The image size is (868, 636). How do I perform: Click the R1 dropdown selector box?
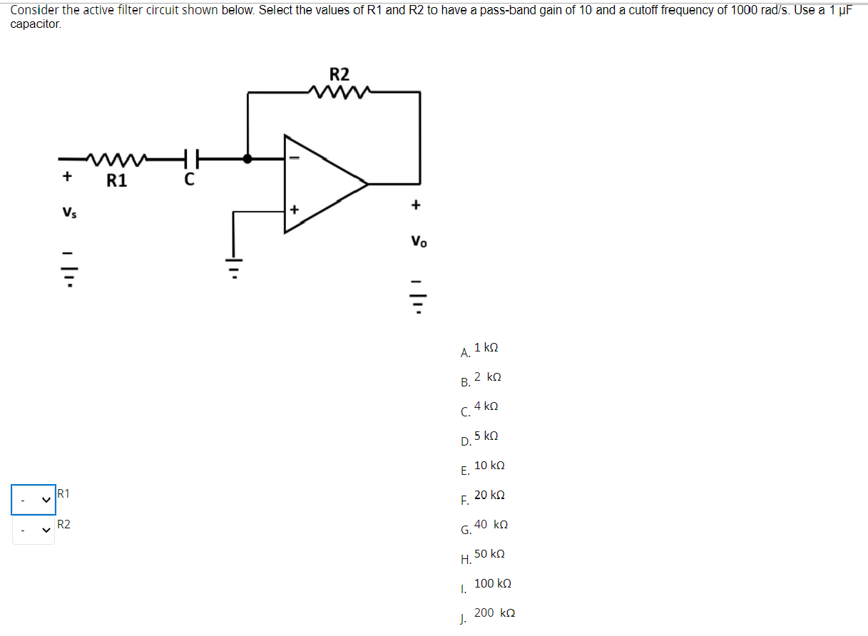(33, 500)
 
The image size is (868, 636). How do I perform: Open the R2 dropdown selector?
(33, 530)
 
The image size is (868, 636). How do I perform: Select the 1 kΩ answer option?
(486, 347)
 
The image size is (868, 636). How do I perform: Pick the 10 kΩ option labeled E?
(489, 465)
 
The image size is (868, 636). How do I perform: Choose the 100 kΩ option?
(492, 583)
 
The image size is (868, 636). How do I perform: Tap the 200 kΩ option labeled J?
(494, 612)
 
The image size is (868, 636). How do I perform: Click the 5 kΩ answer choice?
(486, 435)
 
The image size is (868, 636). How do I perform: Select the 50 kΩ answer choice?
(489, 553)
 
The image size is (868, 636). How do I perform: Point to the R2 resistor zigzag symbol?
(338, 91)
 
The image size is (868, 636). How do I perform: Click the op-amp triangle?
(321, 184)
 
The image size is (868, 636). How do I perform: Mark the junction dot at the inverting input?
(247, 158)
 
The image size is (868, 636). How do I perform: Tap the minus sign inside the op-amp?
(298, 158)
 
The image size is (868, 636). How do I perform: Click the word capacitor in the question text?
(36, 24)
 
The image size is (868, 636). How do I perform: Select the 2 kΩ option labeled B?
(487, 376)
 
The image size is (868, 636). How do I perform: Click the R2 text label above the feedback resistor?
(339, 74)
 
